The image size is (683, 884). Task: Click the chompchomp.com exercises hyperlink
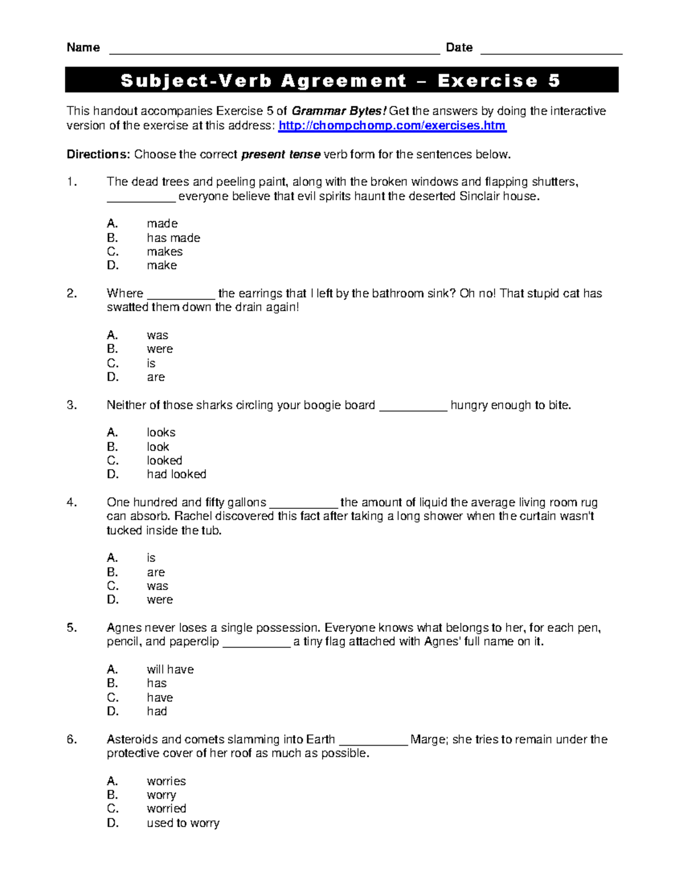392,126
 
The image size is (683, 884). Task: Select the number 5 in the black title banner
554,81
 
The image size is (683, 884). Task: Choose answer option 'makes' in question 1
164,252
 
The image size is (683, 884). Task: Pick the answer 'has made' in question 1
173,238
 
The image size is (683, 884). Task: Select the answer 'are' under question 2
155,377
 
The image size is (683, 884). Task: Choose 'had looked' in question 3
176,474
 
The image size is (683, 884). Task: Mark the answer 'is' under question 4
151,558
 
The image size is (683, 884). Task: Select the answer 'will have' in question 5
170,669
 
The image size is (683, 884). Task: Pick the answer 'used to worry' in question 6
183,823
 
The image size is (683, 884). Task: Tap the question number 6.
71,739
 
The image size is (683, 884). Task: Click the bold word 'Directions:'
98,154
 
